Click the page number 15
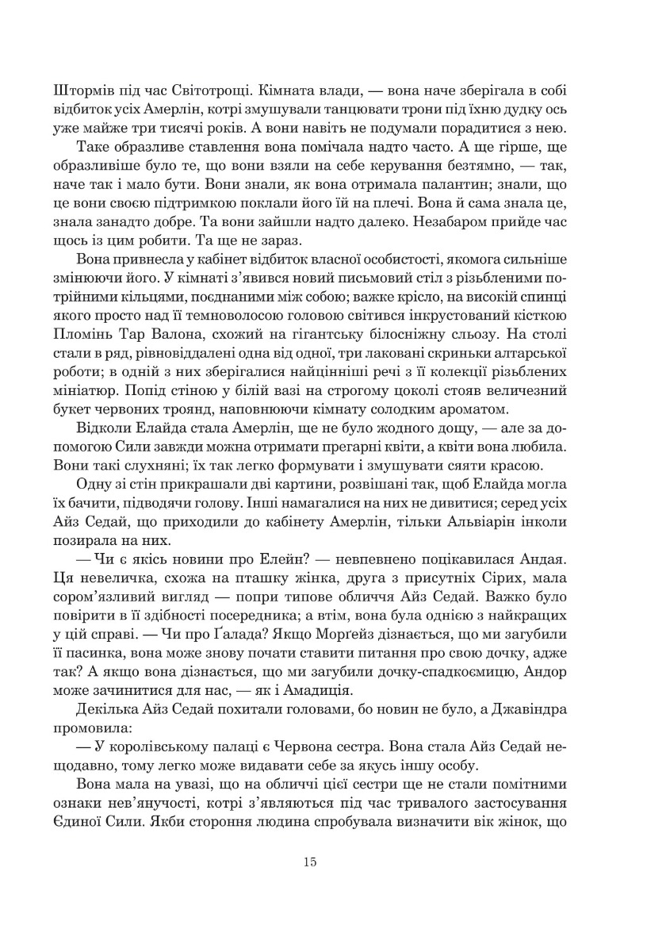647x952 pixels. [310, 862]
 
